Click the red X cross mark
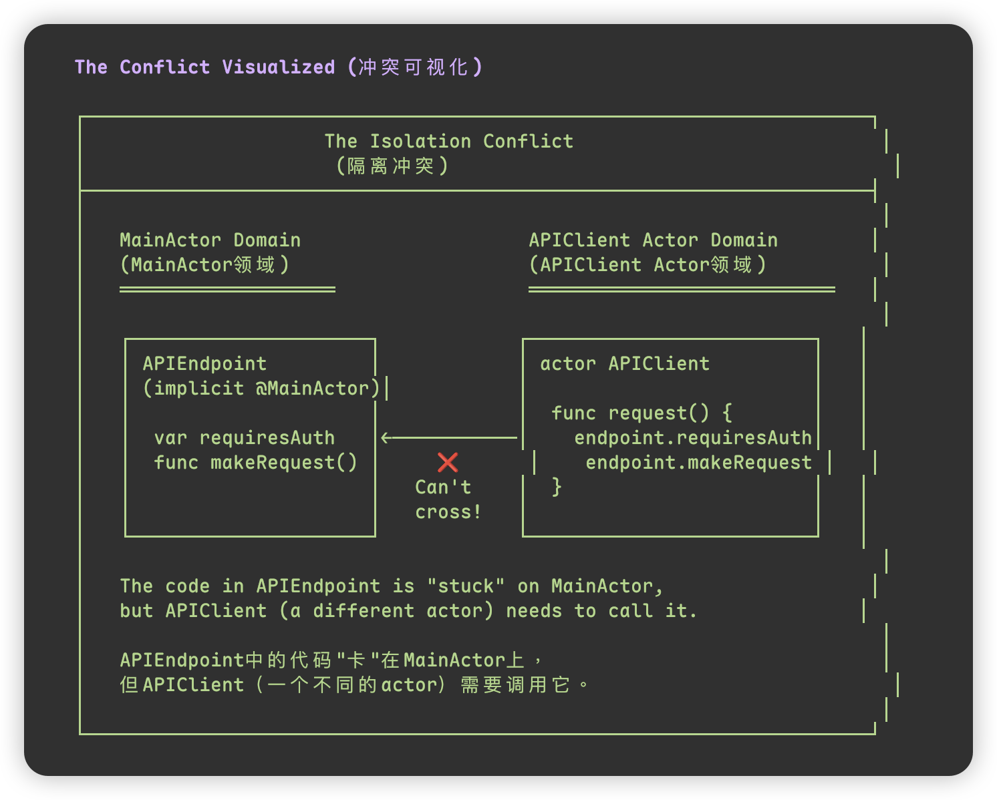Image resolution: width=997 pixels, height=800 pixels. click(x=448, y=462)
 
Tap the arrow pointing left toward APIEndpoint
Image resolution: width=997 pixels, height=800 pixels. click(x=448, y=438)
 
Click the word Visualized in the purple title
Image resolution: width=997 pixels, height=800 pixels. click(x=278, y=67)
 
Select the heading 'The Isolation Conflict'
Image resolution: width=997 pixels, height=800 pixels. click(x=448, y=141)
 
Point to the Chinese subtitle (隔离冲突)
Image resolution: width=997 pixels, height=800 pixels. click(x=392, y=166)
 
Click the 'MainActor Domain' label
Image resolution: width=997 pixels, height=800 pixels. click(x=210, y=240)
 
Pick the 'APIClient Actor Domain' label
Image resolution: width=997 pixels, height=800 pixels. click(x=653, y=240)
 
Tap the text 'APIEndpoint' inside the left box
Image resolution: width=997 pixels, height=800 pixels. click(x=204, y=363)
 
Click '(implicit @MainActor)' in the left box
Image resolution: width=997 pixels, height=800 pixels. click(x=261, y=388)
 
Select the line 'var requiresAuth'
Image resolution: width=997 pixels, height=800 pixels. click(x=244, y=437)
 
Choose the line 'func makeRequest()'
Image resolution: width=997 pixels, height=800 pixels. click(x=255, y=462)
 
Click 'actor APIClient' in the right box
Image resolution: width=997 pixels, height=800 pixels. click(x=624, y=363)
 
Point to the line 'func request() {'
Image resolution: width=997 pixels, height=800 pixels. click(x=642, y=413)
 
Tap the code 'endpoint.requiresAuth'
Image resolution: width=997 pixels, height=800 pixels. click(x=692, y=437)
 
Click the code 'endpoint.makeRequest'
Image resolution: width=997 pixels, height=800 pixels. click(x=698, y=462)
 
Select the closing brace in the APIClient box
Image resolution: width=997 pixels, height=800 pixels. click(x=557, y=487)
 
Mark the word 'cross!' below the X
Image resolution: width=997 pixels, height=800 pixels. click(x=448, y=512)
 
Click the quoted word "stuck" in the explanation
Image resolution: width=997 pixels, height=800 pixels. click(x=466, y=586)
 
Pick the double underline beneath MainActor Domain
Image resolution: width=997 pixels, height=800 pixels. click(x=227, y=289)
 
